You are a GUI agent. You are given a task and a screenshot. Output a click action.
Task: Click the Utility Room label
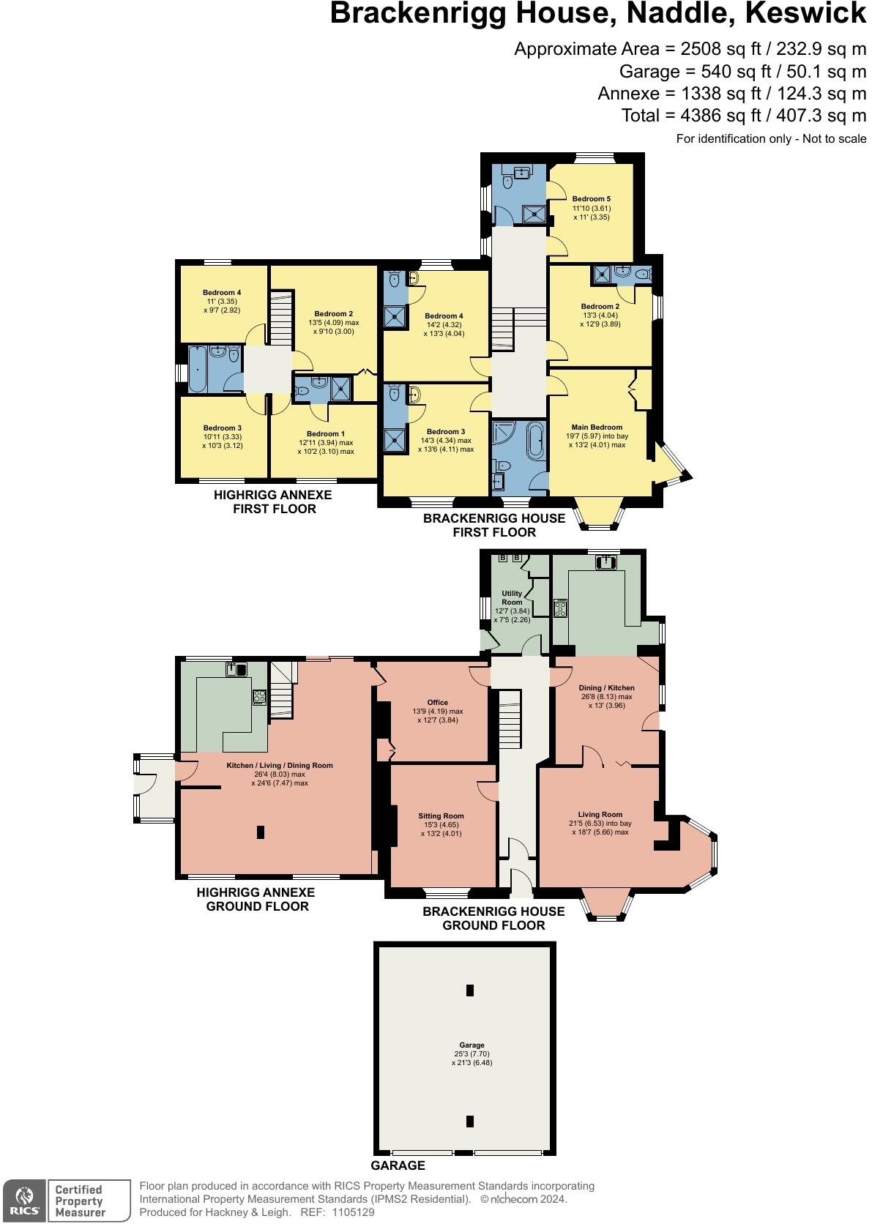tap(512, 598)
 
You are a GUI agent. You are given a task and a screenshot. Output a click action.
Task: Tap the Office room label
tap(437, 703)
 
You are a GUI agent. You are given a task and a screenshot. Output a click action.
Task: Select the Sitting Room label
tap(441, 816)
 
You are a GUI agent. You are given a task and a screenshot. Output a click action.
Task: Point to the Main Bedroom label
tap(597, 428)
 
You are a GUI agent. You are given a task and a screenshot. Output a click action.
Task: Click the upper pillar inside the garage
tap(470, 990)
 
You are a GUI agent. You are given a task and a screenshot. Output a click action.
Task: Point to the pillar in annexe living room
tap(261, 832)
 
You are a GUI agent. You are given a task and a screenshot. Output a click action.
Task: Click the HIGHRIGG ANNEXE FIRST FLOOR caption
tap(273, 502)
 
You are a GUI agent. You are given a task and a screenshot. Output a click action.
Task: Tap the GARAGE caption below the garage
tap(398, 1165)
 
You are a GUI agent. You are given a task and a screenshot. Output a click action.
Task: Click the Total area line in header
tap(743, 116)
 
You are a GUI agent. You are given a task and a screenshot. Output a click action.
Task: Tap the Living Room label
tap(600, 815)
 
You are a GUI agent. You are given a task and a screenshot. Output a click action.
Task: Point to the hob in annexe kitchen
tap(259, 697)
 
